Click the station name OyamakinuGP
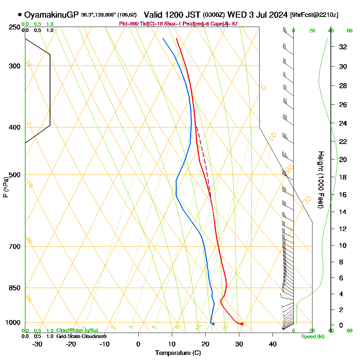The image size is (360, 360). [x=51, y=15]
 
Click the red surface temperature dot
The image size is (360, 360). [x=242, y=324]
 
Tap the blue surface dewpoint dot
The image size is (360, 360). [x=213, y=324]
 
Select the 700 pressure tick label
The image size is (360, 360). [x=15, y=247]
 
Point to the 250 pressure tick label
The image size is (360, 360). [x=15, y=27]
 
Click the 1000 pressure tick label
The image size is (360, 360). [x=13, y=323]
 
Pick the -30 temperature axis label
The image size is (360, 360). [x=37, y=344]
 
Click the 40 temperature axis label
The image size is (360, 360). [x=273, y=344]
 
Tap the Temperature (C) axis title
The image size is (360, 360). [x=178, y=353]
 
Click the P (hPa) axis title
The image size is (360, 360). [x=5, y=187]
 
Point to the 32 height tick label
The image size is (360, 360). [x=343, y=46]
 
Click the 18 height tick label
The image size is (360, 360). [x=343, y=177]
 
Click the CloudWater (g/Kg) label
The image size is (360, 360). [x=77, y=330]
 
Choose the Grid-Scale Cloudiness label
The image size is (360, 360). [x=81, y=336]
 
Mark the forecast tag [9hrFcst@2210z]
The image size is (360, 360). [x=314, y=15]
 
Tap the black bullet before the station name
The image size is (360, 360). [x=19, y=15]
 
